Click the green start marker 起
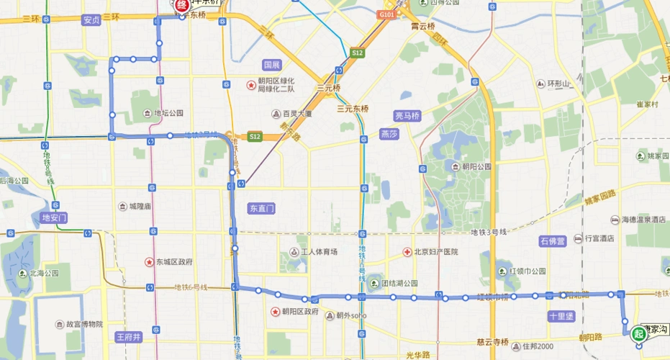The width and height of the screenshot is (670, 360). coord(638,333)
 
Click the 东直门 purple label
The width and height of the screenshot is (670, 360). coord(262,208)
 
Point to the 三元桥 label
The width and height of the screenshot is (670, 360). coord(328,89)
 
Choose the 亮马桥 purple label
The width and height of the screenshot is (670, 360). coord(407,116)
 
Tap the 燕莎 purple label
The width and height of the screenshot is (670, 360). coord(389,134)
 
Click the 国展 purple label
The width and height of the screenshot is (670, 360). coord(271,65)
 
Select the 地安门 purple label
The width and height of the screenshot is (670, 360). coord(55,217)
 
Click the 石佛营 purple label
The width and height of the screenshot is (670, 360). coord(553,240)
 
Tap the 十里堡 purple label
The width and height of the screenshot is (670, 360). coord(560,315)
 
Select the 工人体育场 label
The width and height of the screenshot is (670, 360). coord(318,252)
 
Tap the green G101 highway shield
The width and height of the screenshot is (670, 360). coord(386,14)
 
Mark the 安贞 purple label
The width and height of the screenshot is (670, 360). coord(91,20)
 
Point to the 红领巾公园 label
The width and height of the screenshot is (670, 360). coord(529,271)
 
